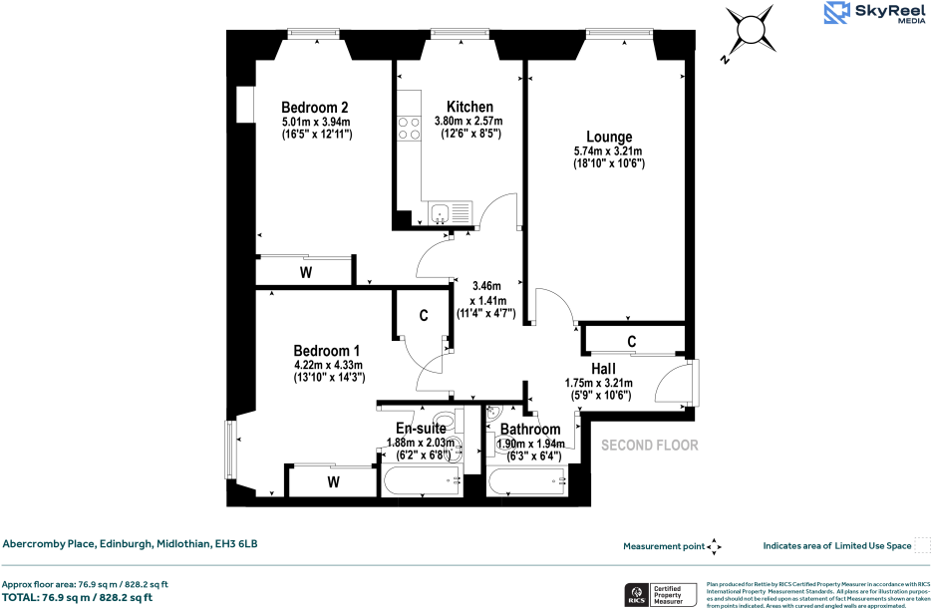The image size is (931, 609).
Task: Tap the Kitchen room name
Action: coord(469,107)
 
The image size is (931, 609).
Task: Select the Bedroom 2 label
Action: coord(314,108)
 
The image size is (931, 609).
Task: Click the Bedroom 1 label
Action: coord(326,351)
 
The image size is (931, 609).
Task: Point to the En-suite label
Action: coord(420,430)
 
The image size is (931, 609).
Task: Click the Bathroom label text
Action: coord(530,430)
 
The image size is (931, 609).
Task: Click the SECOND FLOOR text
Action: coord(649,446)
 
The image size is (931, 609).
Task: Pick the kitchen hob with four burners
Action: coord(409,129)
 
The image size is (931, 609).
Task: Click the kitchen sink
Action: coord(452,211)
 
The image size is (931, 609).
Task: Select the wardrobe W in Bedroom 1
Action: coord(334,482)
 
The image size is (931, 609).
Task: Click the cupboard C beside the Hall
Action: coord(632,341)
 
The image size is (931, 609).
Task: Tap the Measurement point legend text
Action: coord(663,546)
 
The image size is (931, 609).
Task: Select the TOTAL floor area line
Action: coord(77,597)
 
